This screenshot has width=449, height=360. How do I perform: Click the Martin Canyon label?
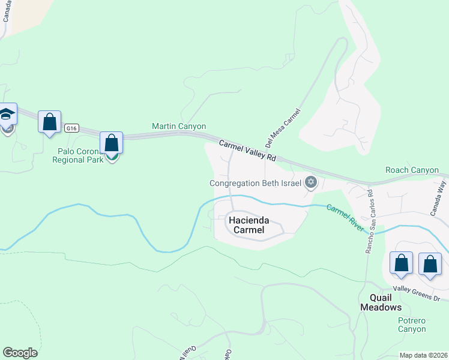coord(179,127)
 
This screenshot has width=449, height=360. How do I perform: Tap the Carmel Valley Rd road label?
coord(247,151)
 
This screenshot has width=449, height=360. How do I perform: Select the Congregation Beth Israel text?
coord(255,183)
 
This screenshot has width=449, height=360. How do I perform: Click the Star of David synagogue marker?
coord(310,182)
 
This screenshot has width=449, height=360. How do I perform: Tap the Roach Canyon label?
coord(412,170)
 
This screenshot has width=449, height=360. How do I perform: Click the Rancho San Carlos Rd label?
coord(369,221)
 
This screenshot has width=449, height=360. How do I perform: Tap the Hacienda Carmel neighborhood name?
coord(247,224)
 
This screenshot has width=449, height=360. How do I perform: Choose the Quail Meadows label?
coord(381,302)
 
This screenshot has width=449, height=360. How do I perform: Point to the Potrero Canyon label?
coord(412,325)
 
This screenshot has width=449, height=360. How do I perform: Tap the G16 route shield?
coord(72,128)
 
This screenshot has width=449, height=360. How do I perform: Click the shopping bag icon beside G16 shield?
coord(49,122)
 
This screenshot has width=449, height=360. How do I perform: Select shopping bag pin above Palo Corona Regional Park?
coord(111,143)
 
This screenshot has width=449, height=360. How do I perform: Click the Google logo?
coord(20,353)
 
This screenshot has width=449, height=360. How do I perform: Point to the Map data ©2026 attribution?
coord(423,355)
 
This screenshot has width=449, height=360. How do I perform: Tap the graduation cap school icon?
coord(7,114)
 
